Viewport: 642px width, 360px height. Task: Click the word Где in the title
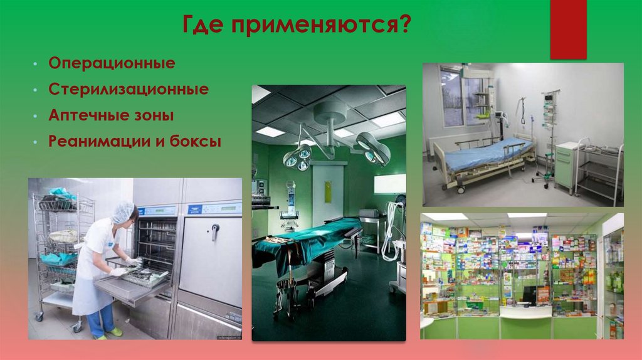coord(203,26)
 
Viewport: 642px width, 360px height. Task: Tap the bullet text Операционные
coord(112,64)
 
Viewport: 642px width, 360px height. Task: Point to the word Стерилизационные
coord(129,90)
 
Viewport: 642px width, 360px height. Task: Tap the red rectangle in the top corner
coord(568,29)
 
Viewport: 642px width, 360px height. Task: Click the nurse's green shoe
coord(115,331)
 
